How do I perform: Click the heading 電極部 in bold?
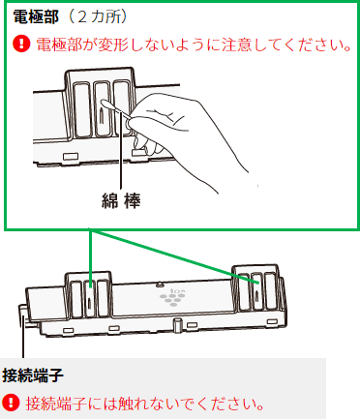(36, 17)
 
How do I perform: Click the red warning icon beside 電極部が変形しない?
(21, 45)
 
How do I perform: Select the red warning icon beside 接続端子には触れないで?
(11, 403)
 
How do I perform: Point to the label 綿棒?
(121, 200)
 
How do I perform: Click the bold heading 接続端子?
(33, 375)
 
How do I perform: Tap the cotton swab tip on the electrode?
(105, 104)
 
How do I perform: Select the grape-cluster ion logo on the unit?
(172, 298)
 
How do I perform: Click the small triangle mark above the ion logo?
(159, 285)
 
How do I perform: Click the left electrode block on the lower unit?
(88, 296)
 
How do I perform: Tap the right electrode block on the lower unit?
(256, 288)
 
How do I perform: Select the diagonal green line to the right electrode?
(175, 257)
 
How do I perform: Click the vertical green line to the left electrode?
(90, 258)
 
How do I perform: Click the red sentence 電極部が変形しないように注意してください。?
(194, 45)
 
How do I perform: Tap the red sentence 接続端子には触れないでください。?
(145, 403)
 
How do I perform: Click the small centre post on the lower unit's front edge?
(176, 325)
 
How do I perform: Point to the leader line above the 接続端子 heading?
(23, 343)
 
